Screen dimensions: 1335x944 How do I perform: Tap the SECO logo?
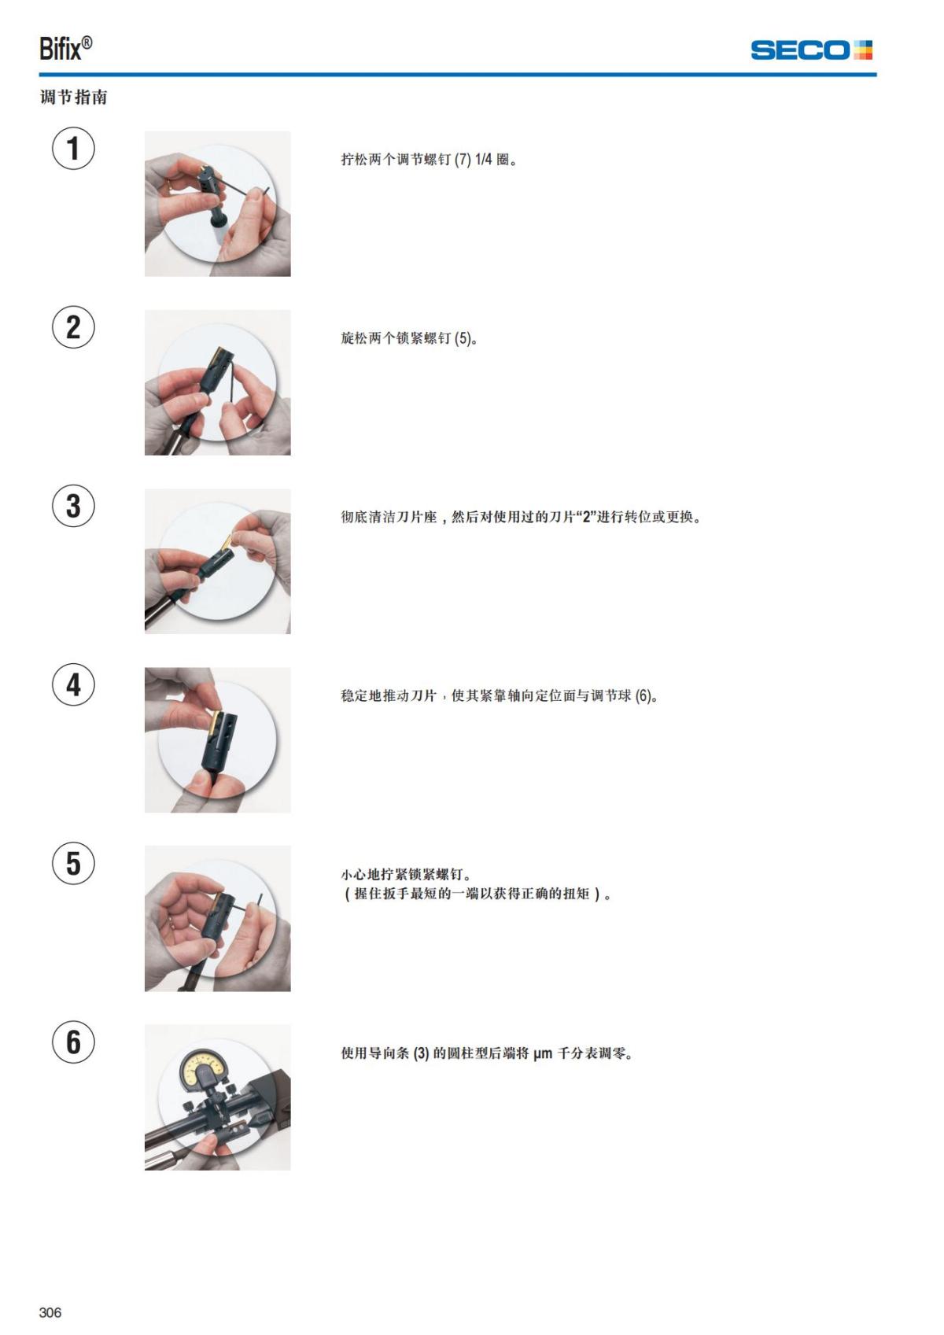pos(811,50)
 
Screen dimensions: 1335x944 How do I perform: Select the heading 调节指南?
pos(74,98)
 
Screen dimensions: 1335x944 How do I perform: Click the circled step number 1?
pos(73,148)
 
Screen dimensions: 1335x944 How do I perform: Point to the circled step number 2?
pos(73,327)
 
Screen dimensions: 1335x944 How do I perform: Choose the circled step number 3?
pos(73,506)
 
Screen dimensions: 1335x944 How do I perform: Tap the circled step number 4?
pos(73,684)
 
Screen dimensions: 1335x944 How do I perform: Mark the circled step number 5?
pos(73,863)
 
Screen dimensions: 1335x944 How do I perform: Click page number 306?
pos(50,1312)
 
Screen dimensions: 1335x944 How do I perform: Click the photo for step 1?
pos(217,204)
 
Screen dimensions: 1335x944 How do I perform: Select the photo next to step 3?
pos(217,561)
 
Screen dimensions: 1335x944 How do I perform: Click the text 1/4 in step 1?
pos(484,160)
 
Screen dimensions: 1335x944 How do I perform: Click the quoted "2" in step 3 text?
pos(586,518)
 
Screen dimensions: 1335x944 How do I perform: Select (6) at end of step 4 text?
pos(644,696)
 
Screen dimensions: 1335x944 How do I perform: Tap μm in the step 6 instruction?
pos(543,1054)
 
